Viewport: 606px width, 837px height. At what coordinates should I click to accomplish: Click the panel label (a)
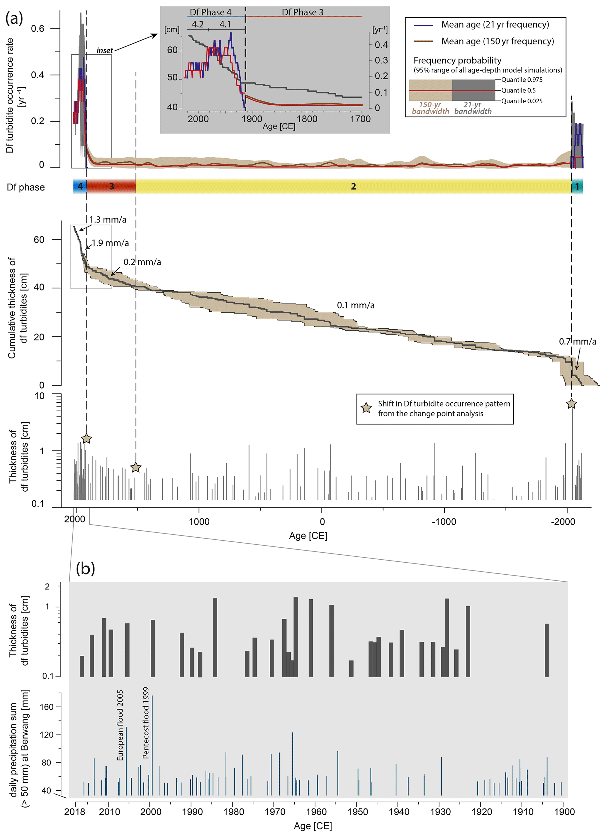[14, 18]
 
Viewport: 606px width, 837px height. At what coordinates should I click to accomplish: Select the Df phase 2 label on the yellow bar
[353, 187]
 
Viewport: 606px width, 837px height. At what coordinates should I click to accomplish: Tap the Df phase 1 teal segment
[577, 187]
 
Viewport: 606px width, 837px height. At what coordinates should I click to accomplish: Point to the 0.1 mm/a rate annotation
[355, 305]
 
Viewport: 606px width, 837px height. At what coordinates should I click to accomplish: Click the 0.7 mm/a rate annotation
[577, 341]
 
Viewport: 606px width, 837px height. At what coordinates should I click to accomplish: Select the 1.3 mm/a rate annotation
[108, 220]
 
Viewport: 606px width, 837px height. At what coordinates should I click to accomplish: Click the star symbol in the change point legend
[366, 408]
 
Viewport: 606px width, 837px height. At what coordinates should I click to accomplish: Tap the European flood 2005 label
[120, 725]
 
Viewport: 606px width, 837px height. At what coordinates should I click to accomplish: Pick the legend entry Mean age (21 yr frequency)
[495, 25]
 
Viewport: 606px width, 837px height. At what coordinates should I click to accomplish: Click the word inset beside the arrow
[104, 50]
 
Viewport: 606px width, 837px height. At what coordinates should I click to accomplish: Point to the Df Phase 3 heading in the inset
[302, 12]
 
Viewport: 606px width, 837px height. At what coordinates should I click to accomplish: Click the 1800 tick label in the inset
[307, 119]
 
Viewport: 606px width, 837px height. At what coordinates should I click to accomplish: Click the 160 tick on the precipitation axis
[47, 707]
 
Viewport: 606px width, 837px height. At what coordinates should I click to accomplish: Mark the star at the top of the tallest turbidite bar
[571, 404]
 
